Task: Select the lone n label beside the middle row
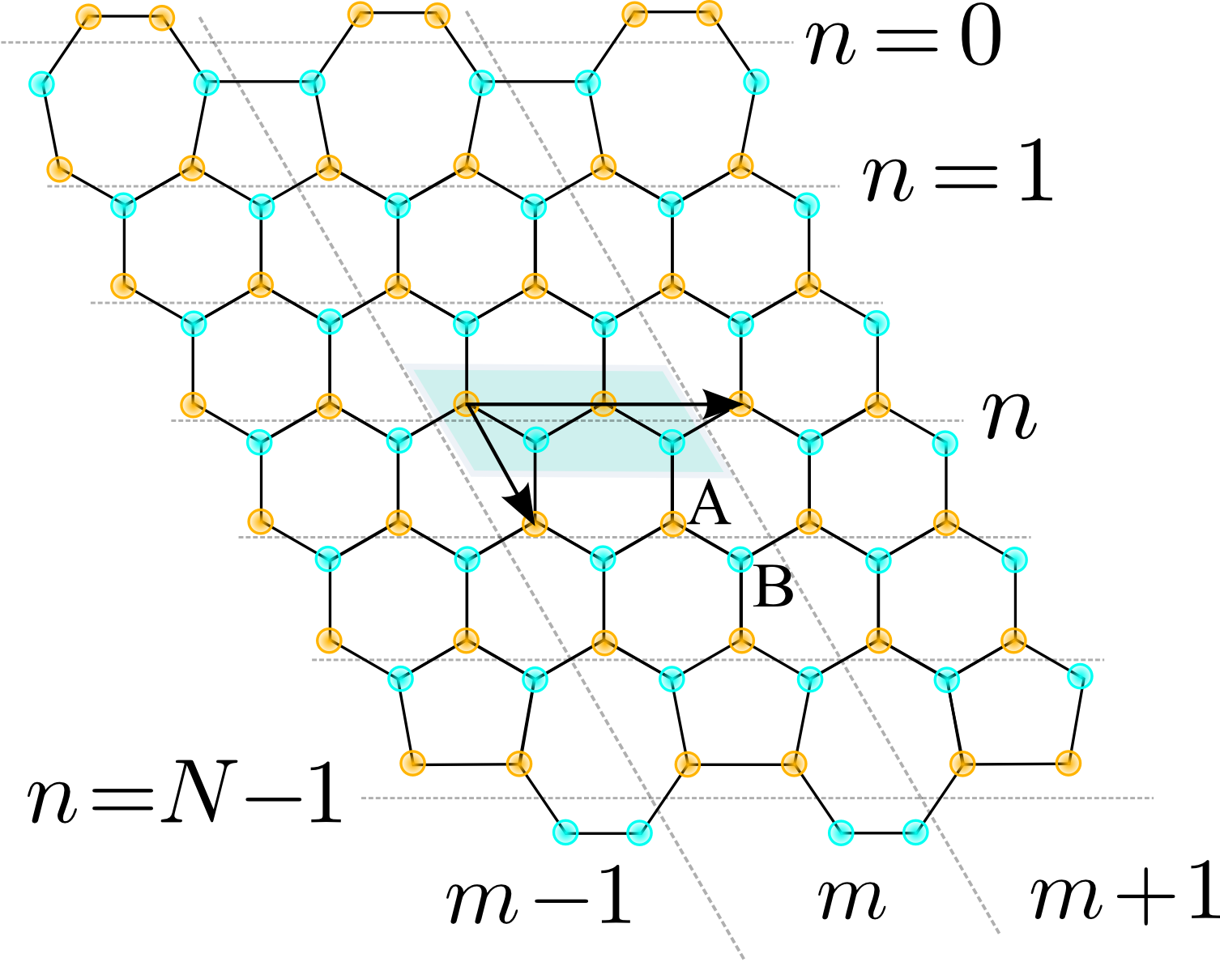click(x=1009, y=415)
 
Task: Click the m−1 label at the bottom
click(x=538, y=901)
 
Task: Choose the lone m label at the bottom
click(x=850, y=899)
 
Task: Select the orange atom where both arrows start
click(x=464, y=403)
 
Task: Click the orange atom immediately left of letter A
click(x=672, y=523)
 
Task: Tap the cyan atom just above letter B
click(x=740, y=559)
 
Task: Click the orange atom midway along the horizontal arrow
click(x=602, y=403)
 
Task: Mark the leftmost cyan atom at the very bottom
click(x=565, y=832)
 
